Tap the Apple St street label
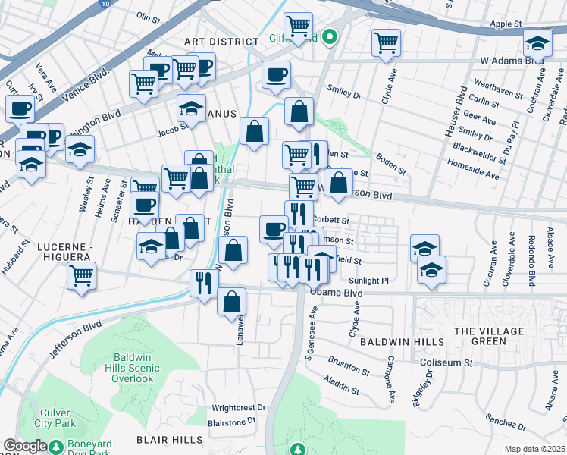click(506, 24)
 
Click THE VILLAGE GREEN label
click(489, 336)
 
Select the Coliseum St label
click(446, 362)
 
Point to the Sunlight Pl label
click(369, 281)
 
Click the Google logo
click(24, 446)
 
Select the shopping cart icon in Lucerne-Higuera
click(81, 277)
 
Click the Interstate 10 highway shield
click(103, 3)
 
